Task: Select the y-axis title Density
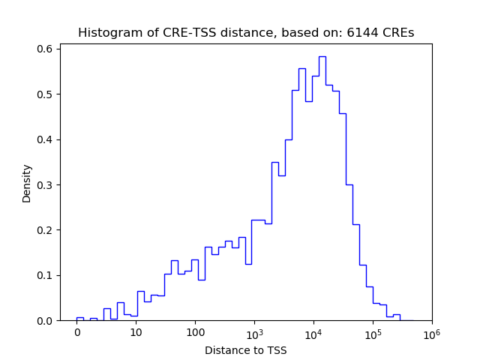point(27,183)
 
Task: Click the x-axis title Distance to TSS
point(245,349)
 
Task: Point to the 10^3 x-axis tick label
point(254,333)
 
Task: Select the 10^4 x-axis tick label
point(313,333)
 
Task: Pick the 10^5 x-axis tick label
point(373,333)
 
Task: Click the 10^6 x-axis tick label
point(432,333)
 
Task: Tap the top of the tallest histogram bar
point(322,56)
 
